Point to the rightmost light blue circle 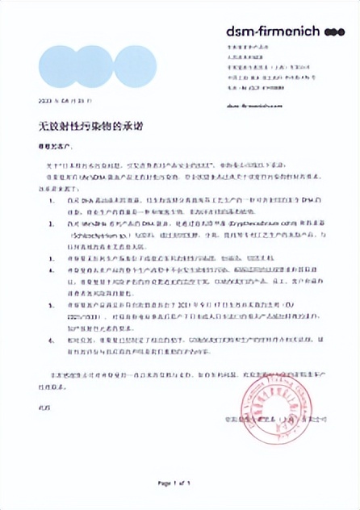[x=135, y=67]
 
